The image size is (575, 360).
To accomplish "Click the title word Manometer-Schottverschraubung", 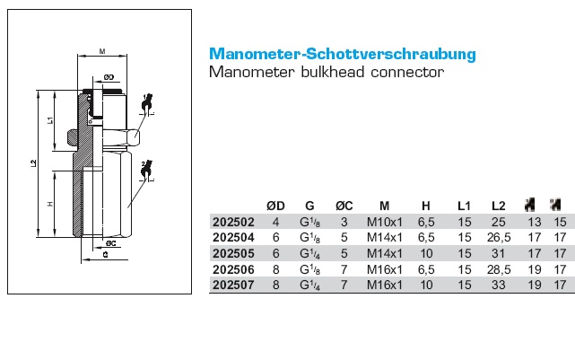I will [342, 54].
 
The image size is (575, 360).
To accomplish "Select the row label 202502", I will [232, 222].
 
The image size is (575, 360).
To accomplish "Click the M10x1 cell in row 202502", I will [384, 222].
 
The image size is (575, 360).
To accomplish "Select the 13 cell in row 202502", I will [536, 222].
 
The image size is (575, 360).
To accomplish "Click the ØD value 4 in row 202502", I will [276, 222].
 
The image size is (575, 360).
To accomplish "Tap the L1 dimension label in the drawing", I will [51, 119].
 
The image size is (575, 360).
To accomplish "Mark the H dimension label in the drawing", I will [51, 205].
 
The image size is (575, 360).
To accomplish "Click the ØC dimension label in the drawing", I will [109, 242].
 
